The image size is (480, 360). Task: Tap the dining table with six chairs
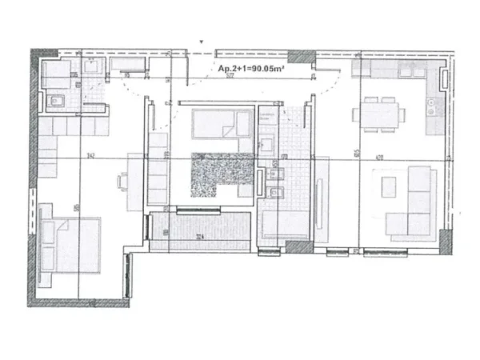click(x=380, y=114)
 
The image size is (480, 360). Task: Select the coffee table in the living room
click(x=389, y=186)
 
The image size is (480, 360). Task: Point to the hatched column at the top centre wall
click(x=302, y=58)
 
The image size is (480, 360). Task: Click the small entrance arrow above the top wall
click(x=202, y=42)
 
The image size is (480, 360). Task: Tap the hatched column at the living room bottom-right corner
click(x=444, y=237)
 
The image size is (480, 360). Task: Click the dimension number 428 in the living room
click(x=377, y=158)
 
